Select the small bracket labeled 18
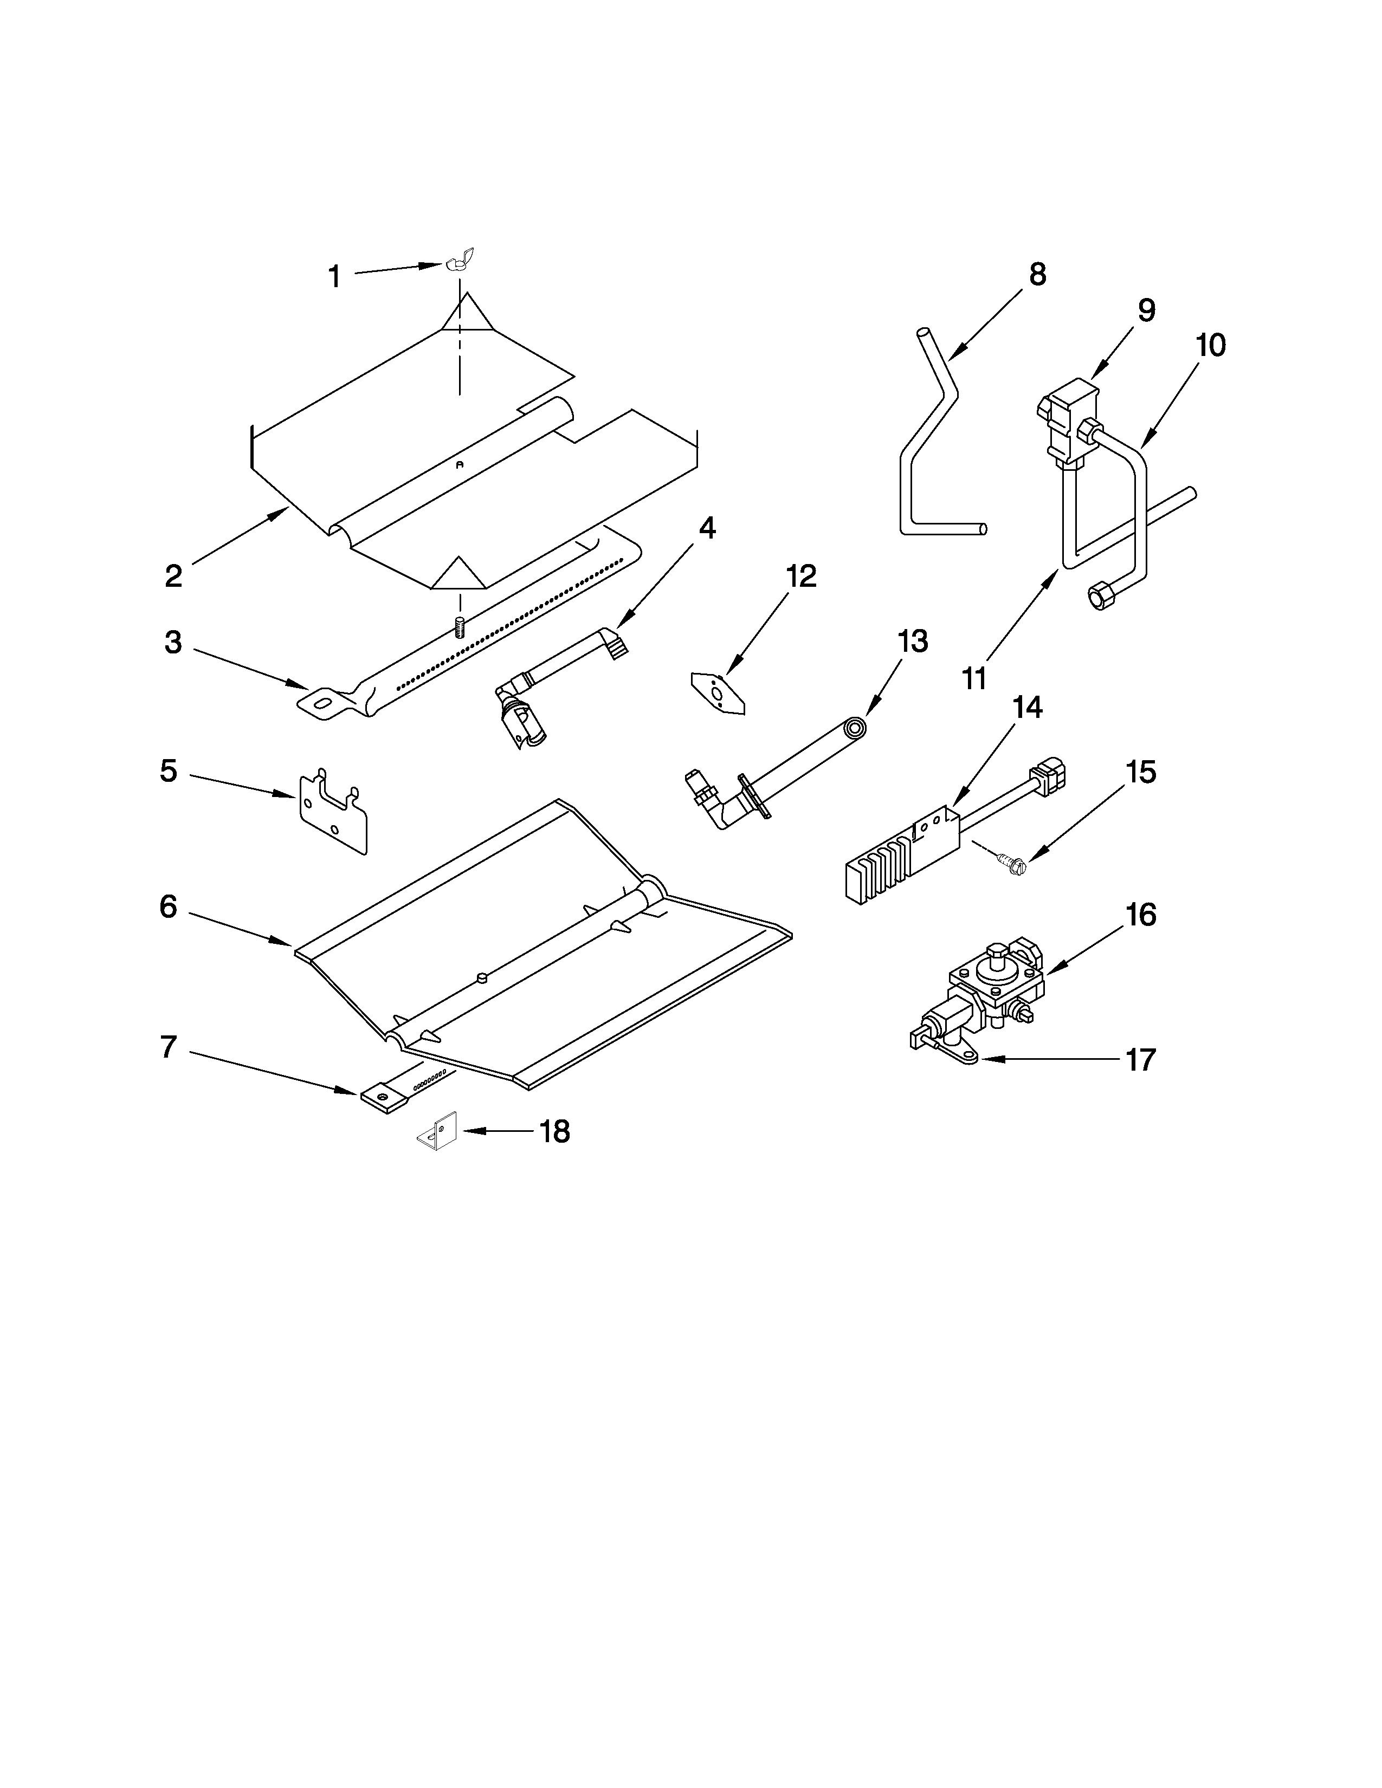pos(438,1131)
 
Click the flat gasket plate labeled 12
pos(717,692)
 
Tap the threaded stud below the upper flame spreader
pos(459,628)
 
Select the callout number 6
pos(168,906)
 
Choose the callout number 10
pos(1210,346)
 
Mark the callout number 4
pos(707,529)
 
